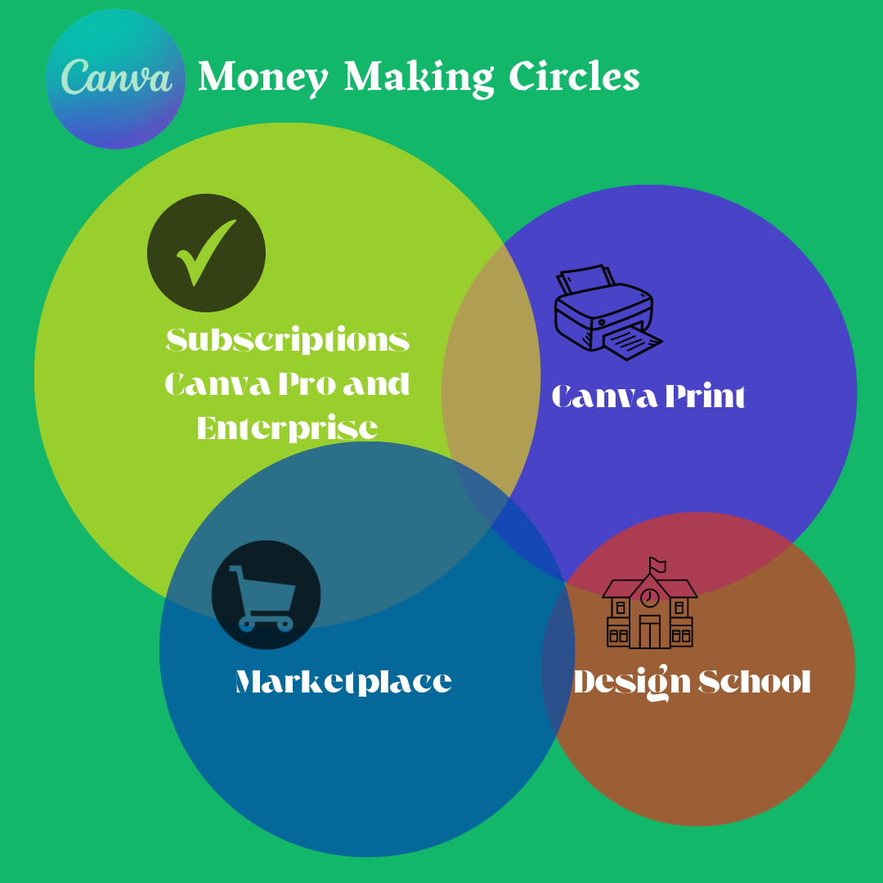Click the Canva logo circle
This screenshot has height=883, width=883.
(x=115, y=79)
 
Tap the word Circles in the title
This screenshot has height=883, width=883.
(x=574, y=78)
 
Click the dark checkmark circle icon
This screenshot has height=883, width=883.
(x=206, y=253)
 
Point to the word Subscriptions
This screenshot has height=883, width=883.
(x=288, y=340)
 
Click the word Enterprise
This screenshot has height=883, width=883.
(x=288, y=428)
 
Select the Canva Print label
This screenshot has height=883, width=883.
(x=648, y=397)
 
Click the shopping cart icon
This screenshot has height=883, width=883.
(x=265, y=596)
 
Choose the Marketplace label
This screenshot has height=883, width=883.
(x=343, y=682)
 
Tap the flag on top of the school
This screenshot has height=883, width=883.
(x=657, y=564)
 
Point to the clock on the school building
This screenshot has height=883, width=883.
(x=650, y=598)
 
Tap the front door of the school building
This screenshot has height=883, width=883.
(x=650, y=632)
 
